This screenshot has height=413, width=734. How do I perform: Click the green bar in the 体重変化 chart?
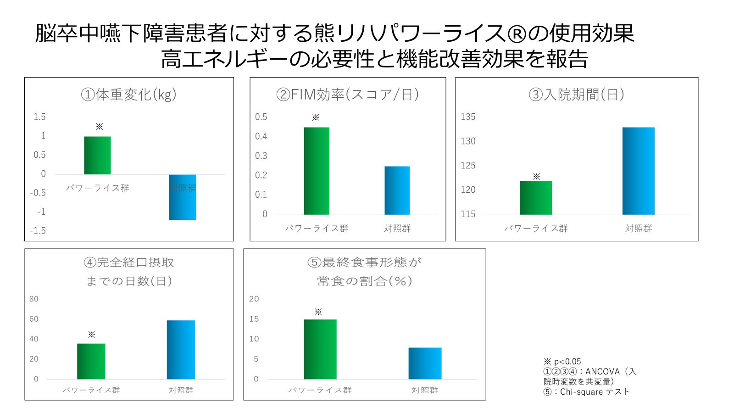[x=97, y=155]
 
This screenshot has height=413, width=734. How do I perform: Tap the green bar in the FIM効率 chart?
[x=317, y=171]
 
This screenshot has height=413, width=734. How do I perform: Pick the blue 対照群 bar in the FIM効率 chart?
[x=397, y=190]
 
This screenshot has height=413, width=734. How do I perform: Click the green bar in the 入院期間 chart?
[x=536, y=198]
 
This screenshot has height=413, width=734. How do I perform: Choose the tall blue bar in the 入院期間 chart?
[x=639, y=171]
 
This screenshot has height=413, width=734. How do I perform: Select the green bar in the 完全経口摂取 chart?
[x=91, y=361]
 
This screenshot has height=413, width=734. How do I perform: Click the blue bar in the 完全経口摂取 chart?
[x=181, y=350]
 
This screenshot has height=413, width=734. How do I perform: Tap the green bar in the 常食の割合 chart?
[x=320, y=349]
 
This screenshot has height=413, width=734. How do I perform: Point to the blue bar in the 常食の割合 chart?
[x=425, y=363]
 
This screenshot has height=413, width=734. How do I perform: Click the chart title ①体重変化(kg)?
[x=129, y=95]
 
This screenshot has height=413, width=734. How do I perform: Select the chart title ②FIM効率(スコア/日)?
[x=347, y=95]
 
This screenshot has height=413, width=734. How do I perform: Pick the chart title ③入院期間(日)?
[x=577, y=95]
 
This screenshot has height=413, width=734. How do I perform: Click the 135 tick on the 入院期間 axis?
[x=468, y=117]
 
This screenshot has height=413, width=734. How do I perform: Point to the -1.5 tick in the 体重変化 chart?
[x=38, y=231]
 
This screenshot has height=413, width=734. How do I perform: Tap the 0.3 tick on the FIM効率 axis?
[x=261, y=156]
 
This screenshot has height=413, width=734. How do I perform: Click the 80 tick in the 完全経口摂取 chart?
[x=34, y=299]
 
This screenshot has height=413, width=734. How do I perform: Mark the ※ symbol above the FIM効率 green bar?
[x=316, y=117]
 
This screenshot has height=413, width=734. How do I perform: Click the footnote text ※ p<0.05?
[x=562, y=362]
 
